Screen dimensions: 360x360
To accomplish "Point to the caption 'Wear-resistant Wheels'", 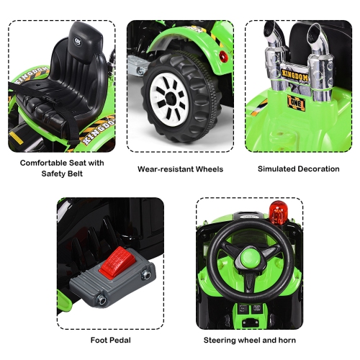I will tap(180, 169).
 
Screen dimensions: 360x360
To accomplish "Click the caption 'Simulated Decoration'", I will tap(298, 169).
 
